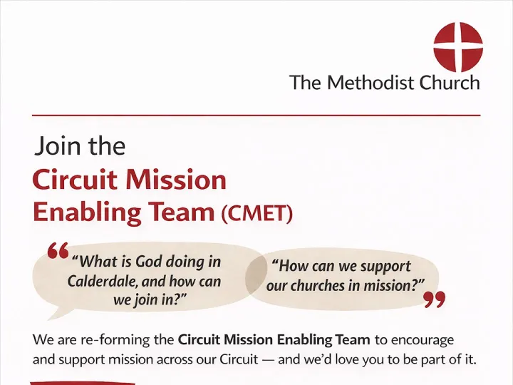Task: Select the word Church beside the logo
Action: click(x=450, y=83)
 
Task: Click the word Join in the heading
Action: click(x=54, y=147)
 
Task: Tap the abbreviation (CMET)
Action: click(x=256, y=213)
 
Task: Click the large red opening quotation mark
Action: click(x=57, y=250)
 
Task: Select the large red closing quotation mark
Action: click(x=434, y=300)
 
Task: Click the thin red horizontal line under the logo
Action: click(x=256, y=114)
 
